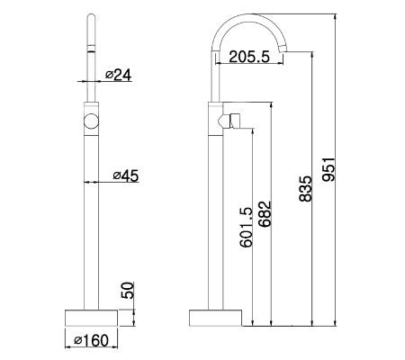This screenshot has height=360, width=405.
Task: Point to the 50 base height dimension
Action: point(127,292)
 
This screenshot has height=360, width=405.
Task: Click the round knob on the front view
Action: point(90,122)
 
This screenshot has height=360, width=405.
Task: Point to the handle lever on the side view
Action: point(238,120)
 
